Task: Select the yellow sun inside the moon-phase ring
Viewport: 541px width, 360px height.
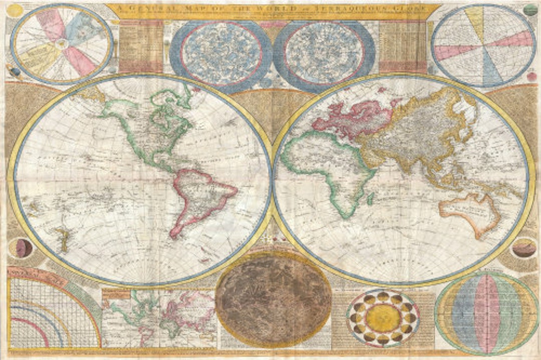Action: coord(383,318)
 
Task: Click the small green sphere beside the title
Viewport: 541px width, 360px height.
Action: coord(530,10)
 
